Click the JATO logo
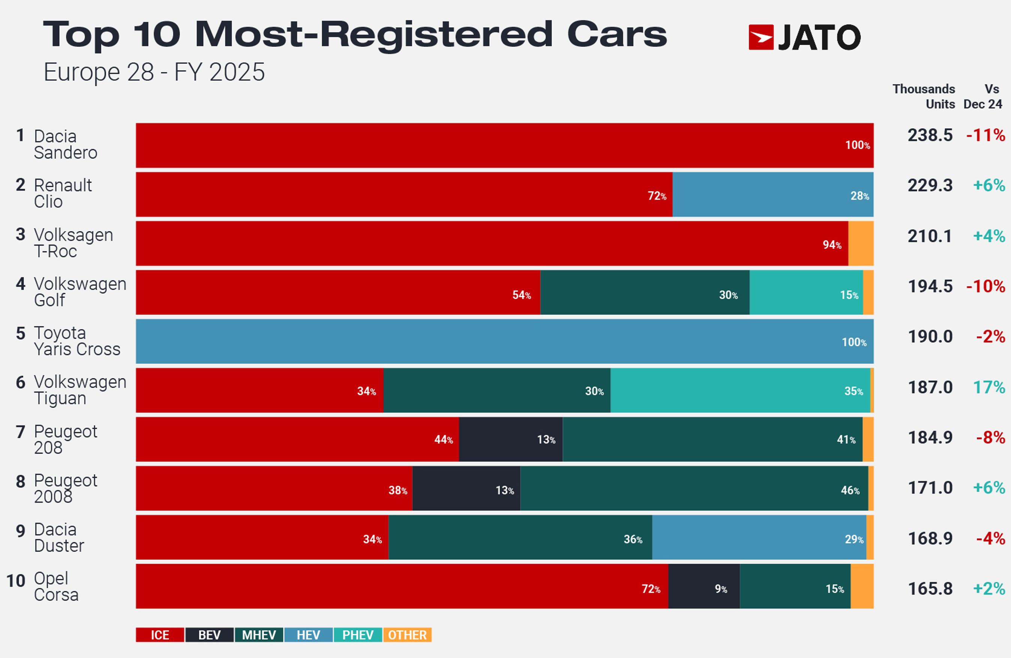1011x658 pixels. pos(805,38)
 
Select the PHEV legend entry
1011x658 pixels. pos(358,635)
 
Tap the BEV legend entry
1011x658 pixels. pos(209,635)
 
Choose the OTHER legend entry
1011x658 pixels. pos(407,635)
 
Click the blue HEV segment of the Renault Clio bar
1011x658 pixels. pos(773,195)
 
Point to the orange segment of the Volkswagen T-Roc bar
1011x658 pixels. pos(861,243)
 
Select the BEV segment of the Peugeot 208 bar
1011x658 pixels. pos(511,439)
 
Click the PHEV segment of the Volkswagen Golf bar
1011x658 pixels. pos(806,293)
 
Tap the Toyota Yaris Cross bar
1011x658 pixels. pos(505,341)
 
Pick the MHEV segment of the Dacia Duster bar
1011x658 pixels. pos(520,537)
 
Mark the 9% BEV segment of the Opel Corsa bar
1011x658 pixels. pos(703,586)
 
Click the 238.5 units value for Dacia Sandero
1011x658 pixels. pos(930,135)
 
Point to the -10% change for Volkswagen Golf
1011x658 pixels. pos(985,286)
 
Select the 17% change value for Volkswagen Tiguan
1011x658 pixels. pos(989,388)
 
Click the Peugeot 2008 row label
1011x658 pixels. pos(65,488)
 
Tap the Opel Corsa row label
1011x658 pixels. pos(56,586)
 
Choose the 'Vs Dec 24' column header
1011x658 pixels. pos(983,97)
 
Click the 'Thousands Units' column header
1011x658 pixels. pos(924,97)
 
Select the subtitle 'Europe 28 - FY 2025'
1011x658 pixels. pos(154,72)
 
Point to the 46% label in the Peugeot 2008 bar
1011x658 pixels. pos(850,490)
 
